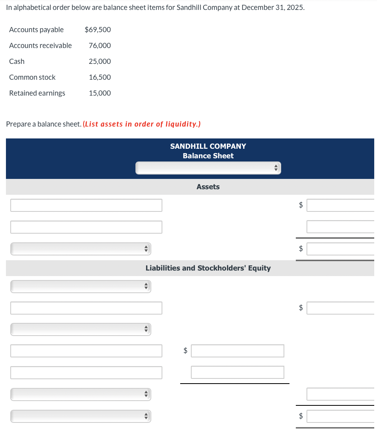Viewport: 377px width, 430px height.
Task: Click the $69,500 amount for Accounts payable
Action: [97, 30]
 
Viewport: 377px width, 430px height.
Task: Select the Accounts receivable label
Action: [40, 46]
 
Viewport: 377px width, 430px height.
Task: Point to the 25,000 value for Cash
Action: [100, 61]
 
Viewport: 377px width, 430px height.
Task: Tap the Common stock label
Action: [32, 77]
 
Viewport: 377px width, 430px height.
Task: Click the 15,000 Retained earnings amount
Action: [100, 93]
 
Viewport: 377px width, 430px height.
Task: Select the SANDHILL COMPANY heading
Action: [208, 146]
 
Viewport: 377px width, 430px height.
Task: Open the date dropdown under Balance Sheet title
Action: [208, 168]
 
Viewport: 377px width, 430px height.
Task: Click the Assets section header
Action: [208, 187]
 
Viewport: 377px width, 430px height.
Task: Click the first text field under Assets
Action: [86, 205]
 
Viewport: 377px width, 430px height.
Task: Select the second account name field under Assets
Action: [86, 227]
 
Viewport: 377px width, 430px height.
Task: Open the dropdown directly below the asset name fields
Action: [80, 249]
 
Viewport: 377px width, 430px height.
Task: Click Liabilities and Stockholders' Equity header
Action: [208, 268]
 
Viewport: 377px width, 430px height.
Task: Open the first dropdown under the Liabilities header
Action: [80, 286]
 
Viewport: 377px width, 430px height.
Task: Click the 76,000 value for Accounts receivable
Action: [100, 46]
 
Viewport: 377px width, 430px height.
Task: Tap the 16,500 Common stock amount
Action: [100, 77]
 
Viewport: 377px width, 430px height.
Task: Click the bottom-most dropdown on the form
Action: [80, 416]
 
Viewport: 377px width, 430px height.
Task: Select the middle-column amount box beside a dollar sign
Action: [237, 351]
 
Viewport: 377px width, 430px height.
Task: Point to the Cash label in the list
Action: [17, 61]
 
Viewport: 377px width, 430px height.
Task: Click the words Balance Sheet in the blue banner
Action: [208, 156]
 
